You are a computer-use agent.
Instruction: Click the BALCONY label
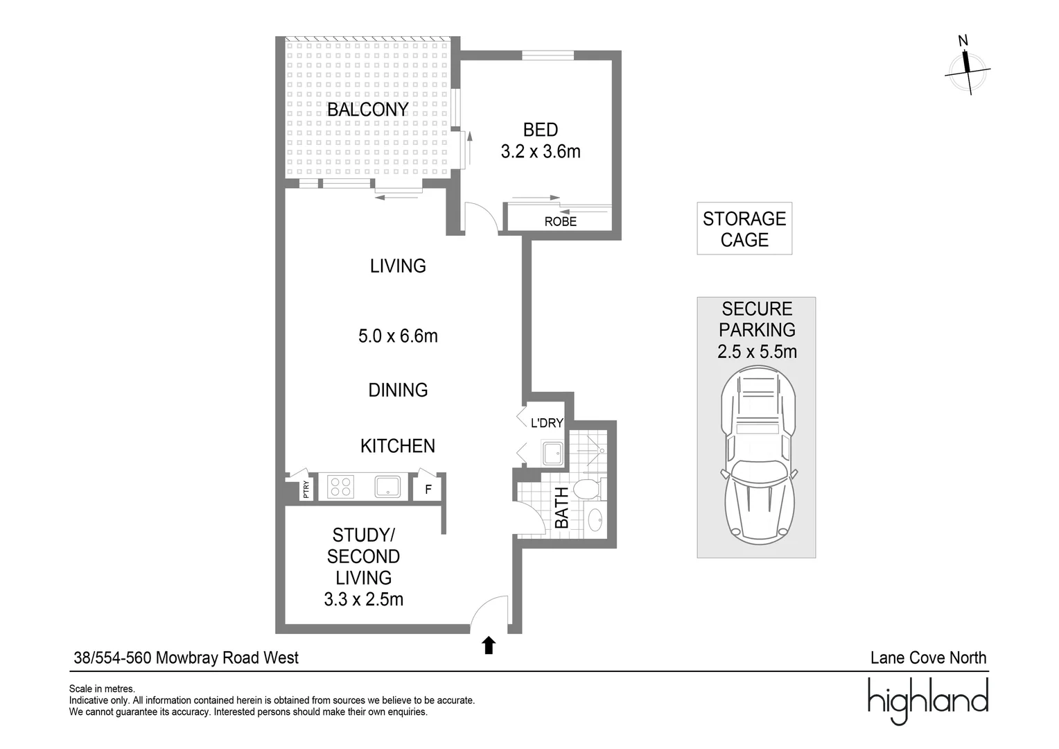(x=367, y=110)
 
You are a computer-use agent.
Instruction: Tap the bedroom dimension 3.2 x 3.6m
(x=541, y=151)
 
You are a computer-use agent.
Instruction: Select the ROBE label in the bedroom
(x=560, y=222)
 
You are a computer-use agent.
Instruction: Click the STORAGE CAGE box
(x=744, y=229)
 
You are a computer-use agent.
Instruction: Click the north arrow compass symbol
(x=967, y=67)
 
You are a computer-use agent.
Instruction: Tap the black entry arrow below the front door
(x=489, y=646)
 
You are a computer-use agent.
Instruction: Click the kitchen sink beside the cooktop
(x=387, y=487)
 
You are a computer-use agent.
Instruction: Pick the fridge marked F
(x=428, y=489)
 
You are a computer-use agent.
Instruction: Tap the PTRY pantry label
(x=306, y=490)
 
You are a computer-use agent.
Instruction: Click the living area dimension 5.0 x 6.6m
(x=398, y=336)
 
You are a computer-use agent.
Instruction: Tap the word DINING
(x=398, y=390)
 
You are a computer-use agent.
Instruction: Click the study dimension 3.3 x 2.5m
(x=363, y=599)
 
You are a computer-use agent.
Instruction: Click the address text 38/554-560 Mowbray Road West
(x=186, y=657)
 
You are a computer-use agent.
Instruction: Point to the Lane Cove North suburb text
(x=928, y=657)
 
